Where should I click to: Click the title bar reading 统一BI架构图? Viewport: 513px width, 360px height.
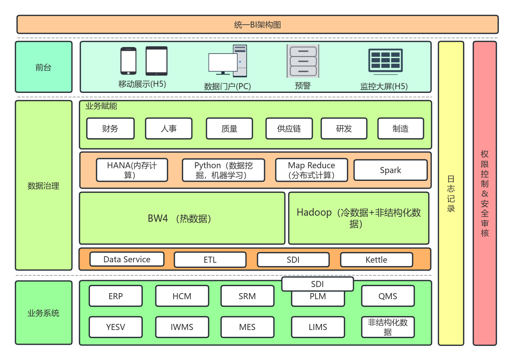pos(257,25)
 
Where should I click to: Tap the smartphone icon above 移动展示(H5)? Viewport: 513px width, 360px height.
pos(128,61)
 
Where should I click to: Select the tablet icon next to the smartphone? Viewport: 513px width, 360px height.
pos(157,61)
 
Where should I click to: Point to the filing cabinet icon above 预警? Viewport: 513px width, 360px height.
pos(303,61)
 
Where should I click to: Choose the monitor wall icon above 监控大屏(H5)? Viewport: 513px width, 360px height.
pos(385,61)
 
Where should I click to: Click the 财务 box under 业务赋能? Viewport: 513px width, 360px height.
pos(110,129)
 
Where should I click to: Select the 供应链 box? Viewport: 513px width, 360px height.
pos(289,129)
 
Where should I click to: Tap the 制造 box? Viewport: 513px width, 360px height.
pos(400,129)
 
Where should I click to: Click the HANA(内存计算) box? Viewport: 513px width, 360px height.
pos(132,170)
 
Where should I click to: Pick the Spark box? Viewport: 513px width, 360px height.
pos(391,170)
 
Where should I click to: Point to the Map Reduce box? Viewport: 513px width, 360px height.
pos(311,170)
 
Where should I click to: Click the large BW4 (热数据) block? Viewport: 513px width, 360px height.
pos(182,219)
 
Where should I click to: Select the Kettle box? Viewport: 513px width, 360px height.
pos(376,260)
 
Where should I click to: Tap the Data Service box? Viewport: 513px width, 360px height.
pos(127,259)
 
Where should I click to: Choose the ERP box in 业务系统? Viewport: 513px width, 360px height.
pos(116,296)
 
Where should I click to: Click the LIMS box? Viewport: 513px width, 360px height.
pos(318,327)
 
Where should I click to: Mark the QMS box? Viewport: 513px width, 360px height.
pos(388,296)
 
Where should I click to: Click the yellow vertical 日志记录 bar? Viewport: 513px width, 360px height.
pos(451,193)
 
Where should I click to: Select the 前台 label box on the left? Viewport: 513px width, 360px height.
pos(43,67)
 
